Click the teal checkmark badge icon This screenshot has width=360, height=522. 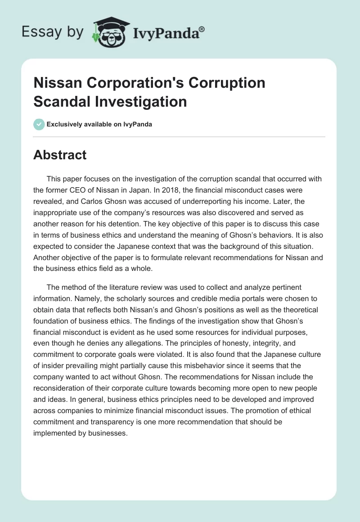39,124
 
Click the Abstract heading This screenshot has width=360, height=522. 60,155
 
